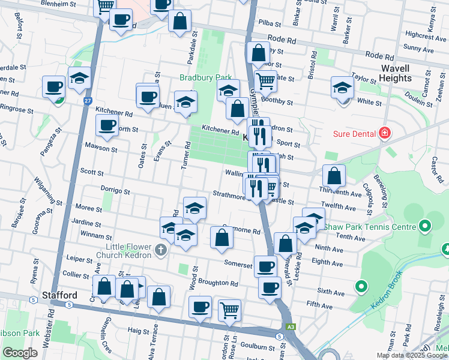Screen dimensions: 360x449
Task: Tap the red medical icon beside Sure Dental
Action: tap(385, 133)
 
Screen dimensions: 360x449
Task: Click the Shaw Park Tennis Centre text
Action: tap(370, 227)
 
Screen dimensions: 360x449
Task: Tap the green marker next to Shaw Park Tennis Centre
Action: tap(425, 227)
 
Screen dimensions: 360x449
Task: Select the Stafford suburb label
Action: tap(59, 296)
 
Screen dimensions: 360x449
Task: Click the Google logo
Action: tap(20, 353)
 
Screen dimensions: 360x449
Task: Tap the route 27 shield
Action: tap(88, 101)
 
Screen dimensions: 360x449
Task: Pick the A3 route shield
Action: tap(291, 326)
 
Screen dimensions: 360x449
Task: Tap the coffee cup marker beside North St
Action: tap(107, 125)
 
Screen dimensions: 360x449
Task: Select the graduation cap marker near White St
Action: tap(342, 88)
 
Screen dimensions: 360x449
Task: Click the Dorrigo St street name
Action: tap(115, 191)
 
